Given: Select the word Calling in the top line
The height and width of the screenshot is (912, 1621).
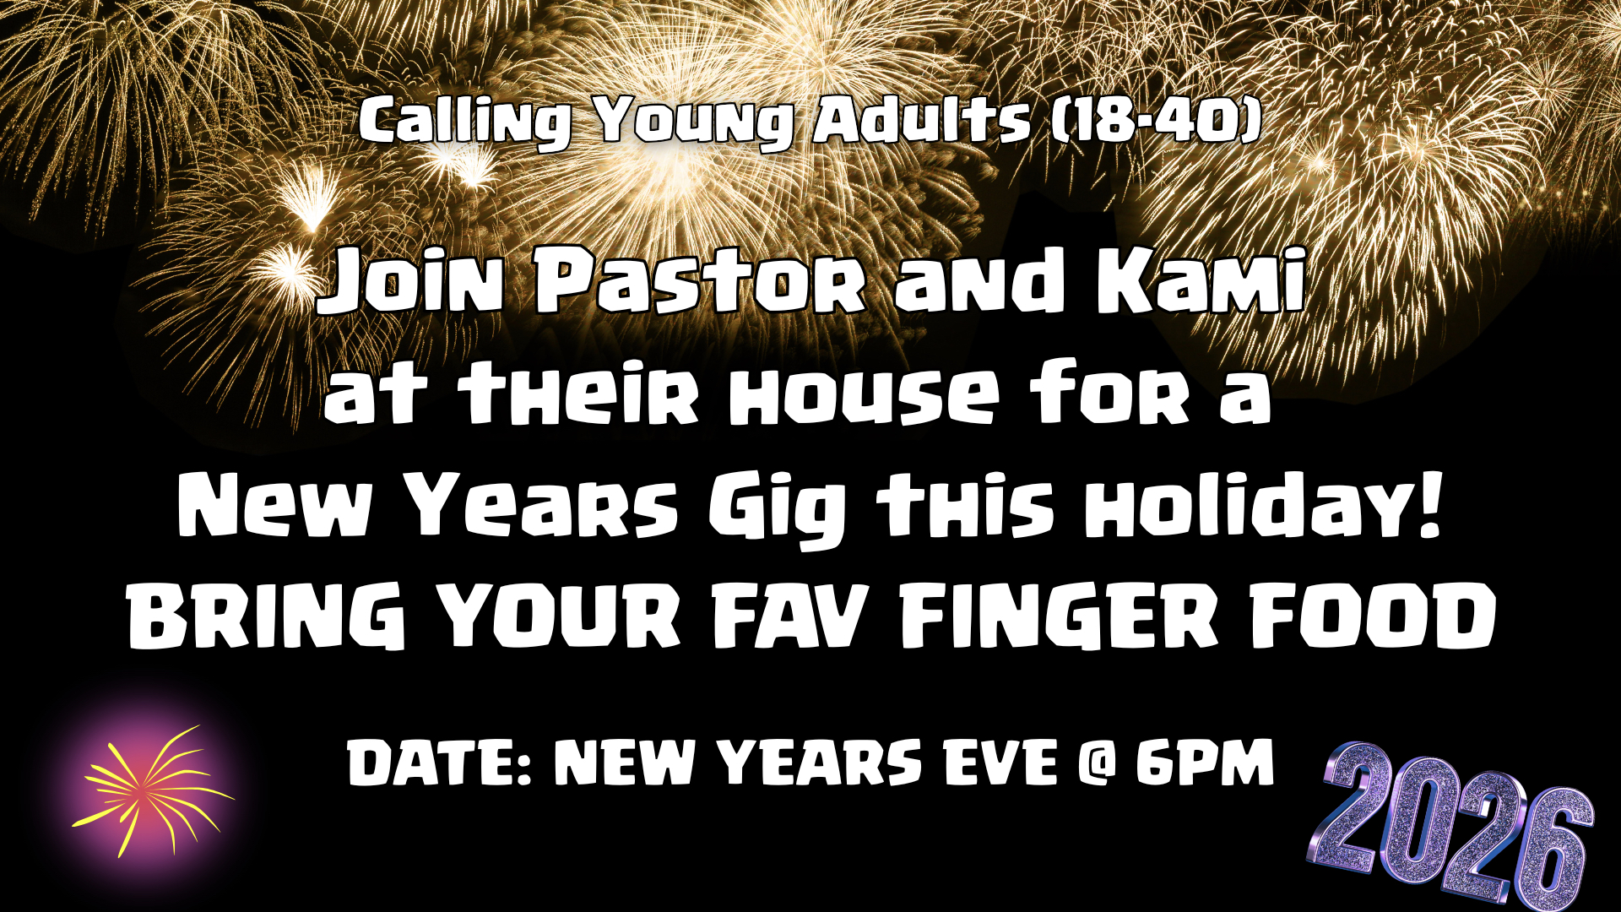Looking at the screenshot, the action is pyautogui.click(x=465, y=121).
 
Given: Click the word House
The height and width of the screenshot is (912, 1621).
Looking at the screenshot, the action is pyautogui.click(x=865, y=394).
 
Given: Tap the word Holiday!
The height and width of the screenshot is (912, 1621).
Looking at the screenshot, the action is pyautogui.click(x=1264, y=505).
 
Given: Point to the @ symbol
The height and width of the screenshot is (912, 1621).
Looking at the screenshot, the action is pyautogui.click(x=1096, y=762).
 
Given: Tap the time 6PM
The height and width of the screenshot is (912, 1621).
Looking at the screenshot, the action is pyautogui.click(x=1204, y=762).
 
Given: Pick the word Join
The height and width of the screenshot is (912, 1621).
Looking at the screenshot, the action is pyautogui.click(x=412, y=281).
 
